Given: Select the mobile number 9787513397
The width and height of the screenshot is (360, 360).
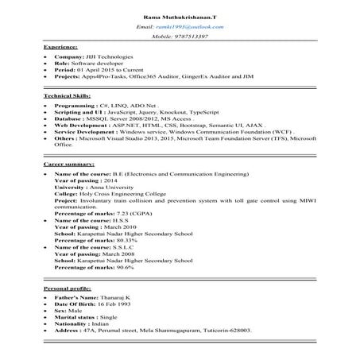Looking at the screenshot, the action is click(190, 37).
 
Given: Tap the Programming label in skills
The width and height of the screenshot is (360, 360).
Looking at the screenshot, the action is click(75, 105).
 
